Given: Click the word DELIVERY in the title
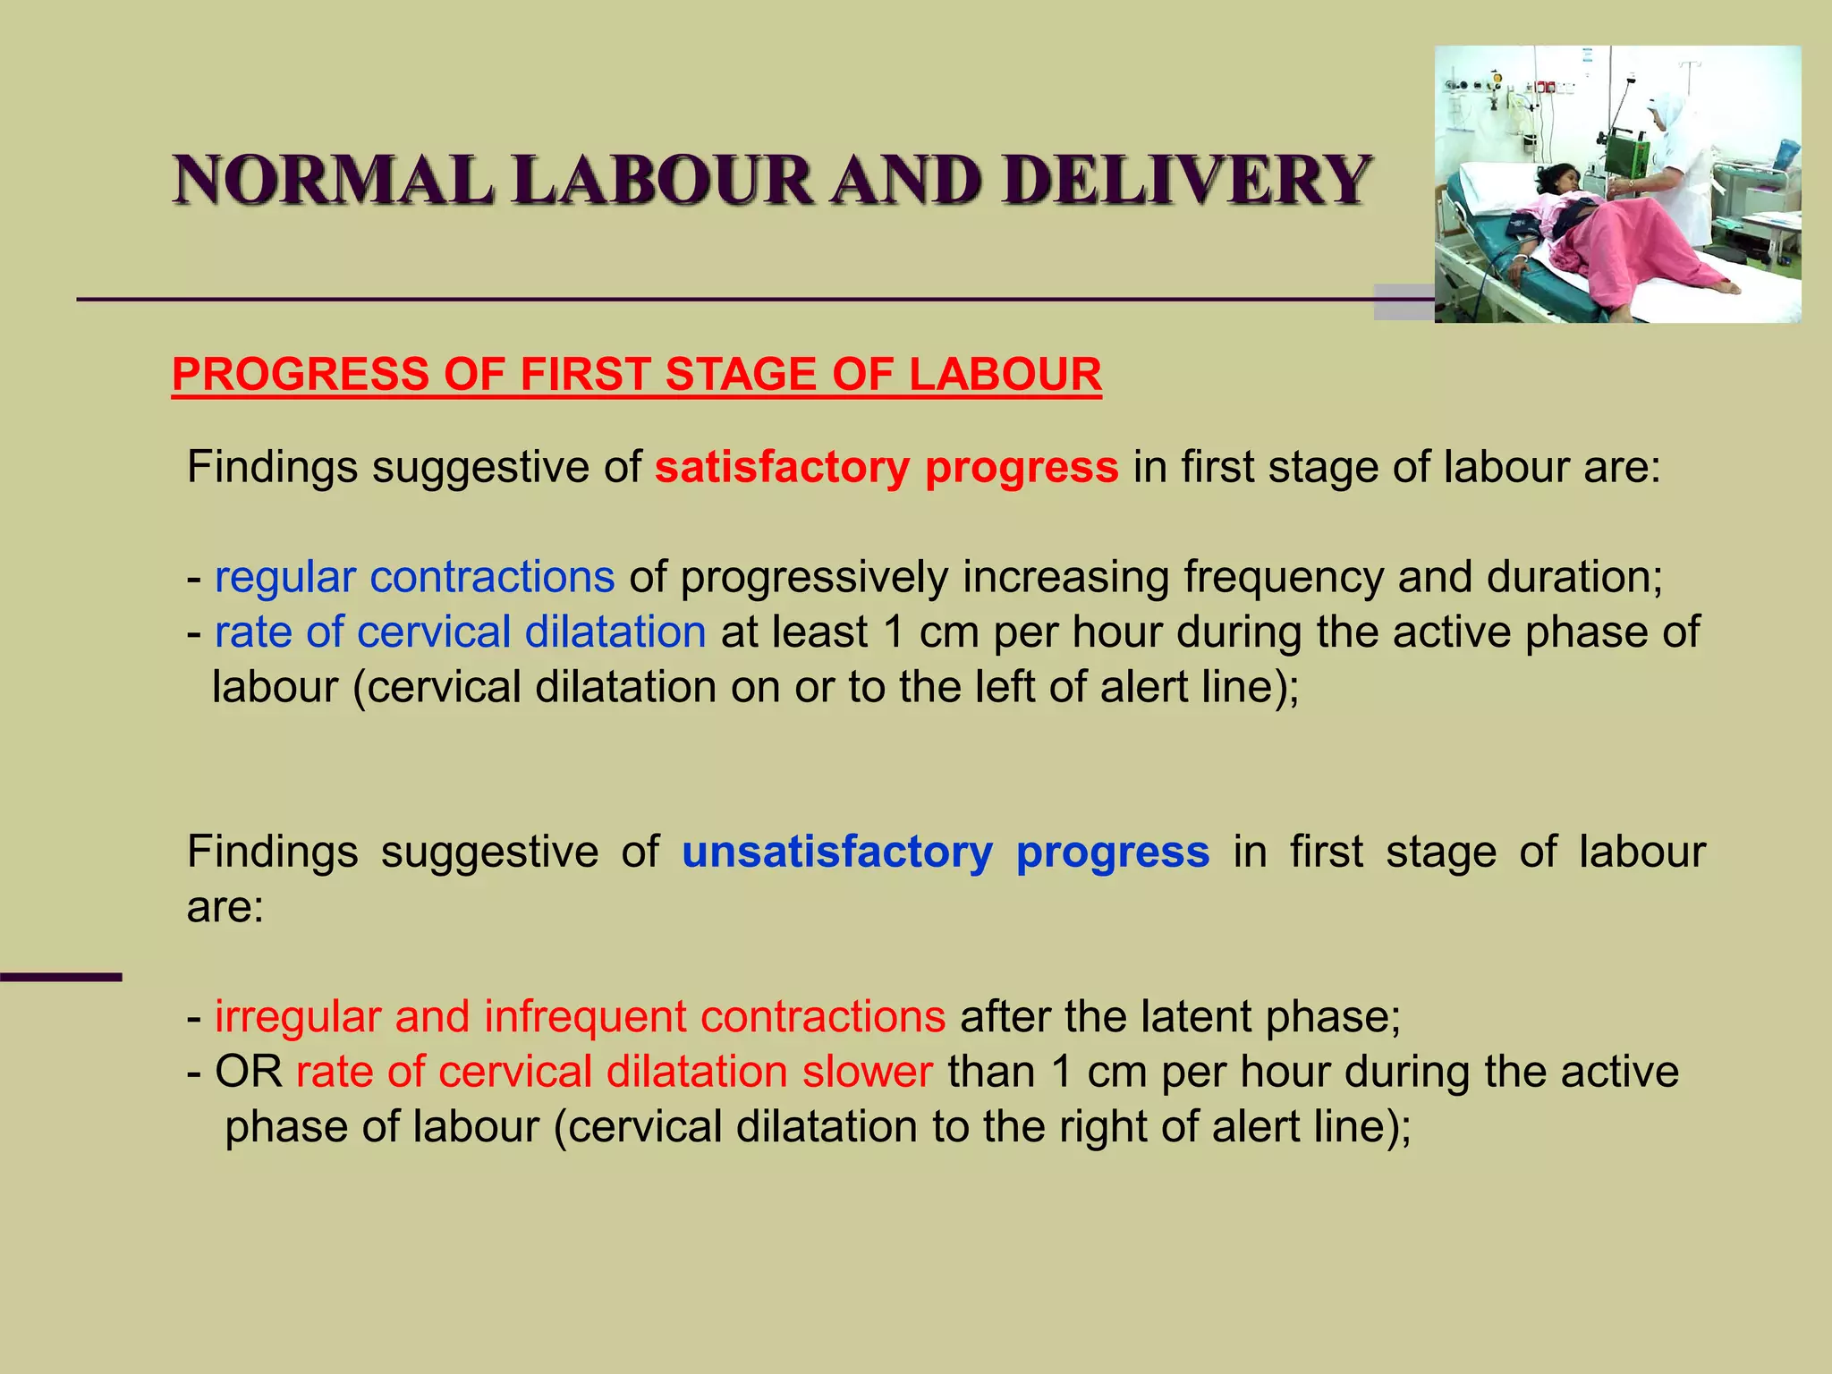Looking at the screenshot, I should tap(1186, 180).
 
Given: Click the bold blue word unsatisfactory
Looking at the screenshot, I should tap(836, 852).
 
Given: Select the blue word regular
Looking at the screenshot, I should tap(285, 577).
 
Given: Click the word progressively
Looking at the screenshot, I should tap(814, 577).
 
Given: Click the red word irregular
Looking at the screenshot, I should tap(298, 1016).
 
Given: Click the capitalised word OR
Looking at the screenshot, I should tap(249, 1072).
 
